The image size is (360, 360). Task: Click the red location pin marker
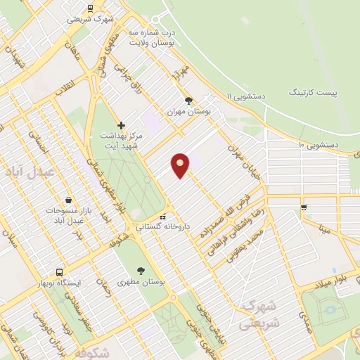181,165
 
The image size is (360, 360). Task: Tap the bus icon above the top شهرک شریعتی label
90,8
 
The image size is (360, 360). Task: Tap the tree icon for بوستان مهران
187,101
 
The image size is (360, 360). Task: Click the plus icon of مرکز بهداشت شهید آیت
121,125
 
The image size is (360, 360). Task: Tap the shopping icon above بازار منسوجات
67,200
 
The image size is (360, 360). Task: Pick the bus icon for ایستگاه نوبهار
60,271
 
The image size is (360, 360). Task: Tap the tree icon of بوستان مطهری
142,270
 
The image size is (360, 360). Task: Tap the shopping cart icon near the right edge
304,207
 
